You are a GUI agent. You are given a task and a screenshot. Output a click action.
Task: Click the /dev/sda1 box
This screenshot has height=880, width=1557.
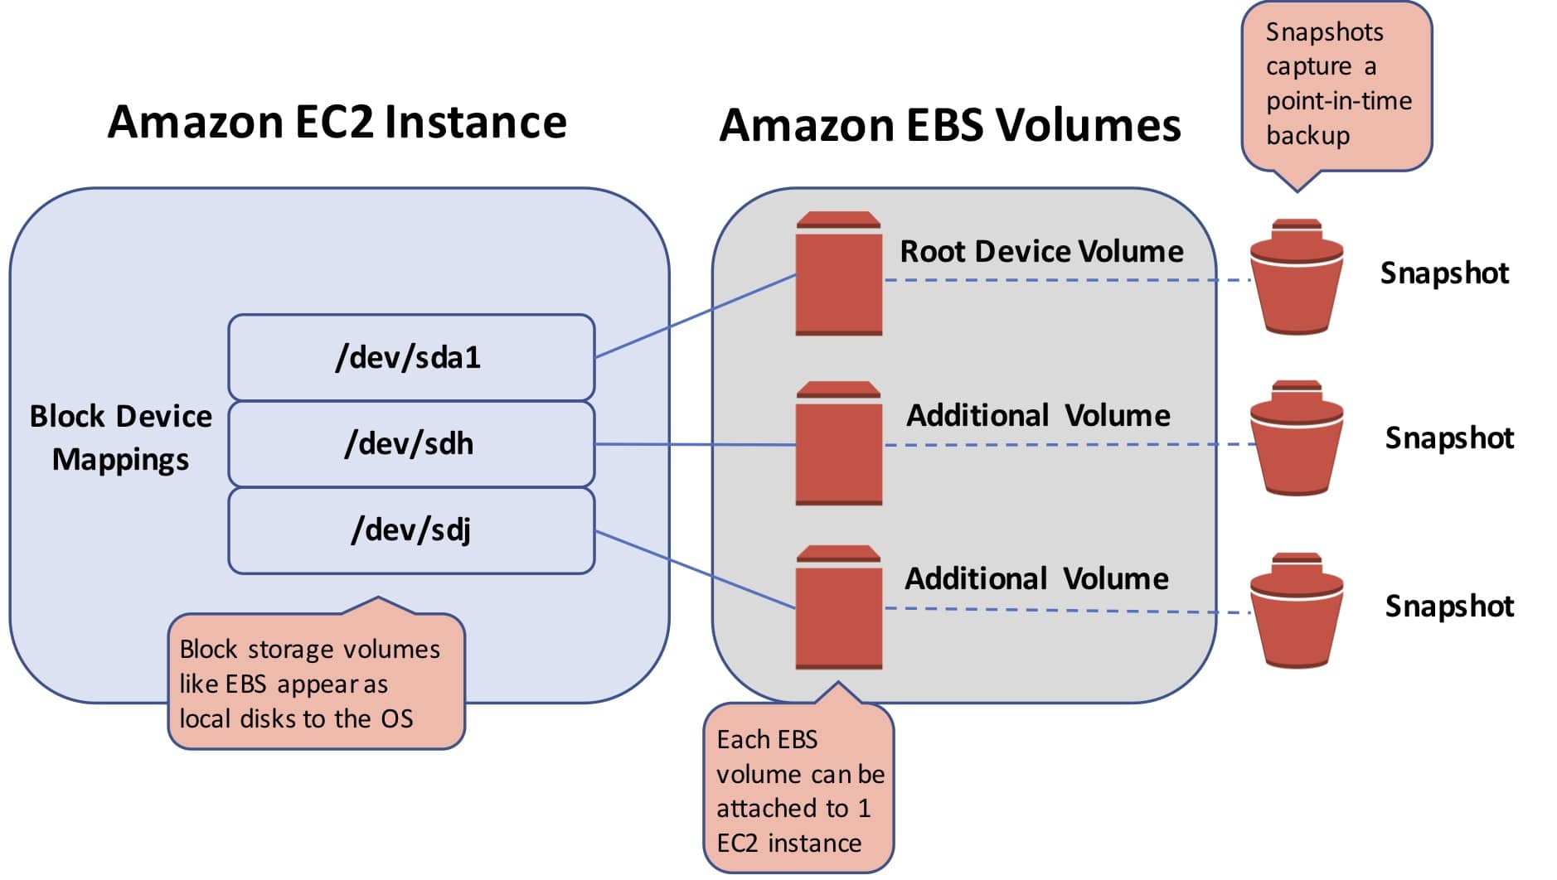(x=411, y=357)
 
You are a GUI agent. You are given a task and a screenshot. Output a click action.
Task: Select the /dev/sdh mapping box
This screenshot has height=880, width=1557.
(x=411, y=444)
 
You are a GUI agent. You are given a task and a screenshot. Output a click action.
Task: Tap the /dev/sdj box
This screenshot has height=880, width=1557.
(x=411, y=530)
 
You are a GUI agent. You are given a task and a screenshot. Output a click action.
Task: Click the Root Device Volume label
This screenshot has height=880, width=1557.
(x=1041, y=251)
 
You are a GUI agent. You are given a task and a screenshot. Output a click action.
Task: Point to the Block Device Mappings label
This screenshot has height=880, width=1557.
(x=121, y=438)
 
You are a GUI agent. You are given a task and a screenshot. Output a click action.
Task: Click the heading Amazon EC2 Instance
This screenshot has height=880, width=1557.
(x=337, y=123)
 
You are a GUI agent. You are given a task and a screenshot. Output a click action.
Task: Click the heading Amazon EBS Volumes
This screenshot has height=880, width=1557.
(x=949, y=126)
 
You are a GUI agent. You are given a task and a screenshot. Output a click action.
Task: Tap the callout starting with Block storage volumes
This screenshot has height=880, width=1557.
(x=315, y=683)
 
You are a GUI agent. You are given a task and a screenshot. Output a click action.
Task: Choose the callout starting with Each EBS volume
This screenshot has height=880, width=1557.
(x=798, y=790)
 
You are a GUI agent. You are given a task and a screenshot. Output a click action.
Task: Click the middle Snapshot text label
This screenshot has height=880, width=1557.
(x=1448, y=438)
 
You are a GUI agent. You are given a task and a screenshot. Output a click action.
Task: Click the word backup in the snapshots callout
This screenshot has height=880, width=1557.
(x=1307, y=135)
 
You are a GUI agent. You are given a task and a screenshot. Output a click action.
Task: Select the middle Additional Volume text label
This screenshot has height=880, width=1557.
(x=1037, y=414)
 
